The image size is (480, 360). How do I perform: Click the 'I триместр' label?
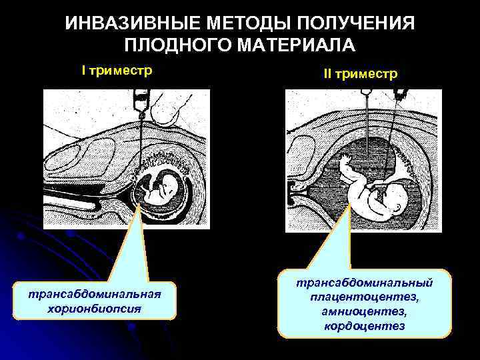[117, 70]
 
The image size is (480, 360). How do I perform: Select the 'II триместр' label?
[360, 73]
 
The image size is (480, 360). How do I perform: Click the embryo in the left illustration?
[163, 187]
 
